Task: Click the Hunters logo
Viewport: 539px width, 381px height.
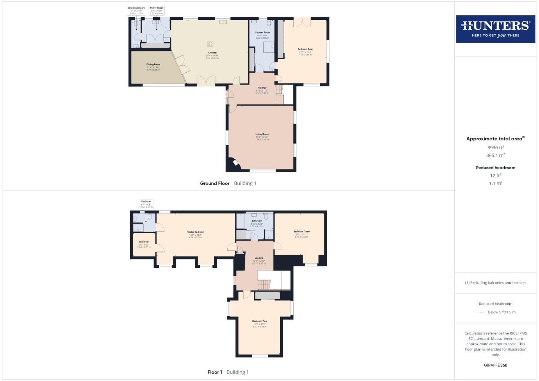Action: tap(495, 29)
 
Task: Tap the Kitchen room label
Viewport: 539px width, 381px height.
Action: tap(212, 53)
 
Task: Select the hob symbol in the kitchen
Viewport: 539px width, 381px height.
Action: tap(210, 44)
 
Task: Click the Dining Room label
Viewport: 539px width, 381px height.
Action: tap(153, 65)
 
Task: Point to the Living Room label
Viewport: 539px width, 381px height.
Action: tap(262, 134)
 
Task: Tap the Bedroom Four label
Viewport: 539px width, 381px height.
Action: tap(305, 49)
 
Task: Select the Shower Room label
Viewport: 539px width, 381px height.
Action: tap(262, 32)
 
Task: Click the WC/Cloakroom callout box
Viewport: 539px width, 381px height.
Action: tap(136, 11)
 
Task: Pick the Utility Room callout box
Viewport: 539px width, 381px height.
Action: tap(156, 11)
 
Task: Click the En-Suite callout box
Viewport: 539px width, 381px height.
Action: tap(146, 204)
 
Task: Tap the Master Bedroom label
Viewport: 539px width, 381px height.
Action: tap(195, 232)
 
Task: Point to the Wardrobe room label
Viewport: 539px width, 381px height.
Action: tap(144, 242)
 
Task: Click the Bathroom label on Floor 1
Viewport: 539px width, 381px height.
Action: tap(257, 221)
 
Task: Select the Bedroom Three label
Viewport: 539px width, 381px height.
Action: tap(301, 232)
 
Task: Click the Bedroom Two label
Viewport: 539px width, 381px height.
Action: tap(259, 321)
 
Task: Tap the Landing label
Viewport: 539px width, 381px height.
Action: tap(259, 258)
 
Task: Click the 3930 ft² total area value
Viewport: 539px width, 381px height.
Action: tap(495, 147)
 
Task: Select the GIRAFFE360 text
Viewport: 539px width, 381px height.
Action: tap(495, 365)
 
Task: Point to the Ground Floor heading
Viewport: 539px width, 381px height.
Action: tap(215, 183)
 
